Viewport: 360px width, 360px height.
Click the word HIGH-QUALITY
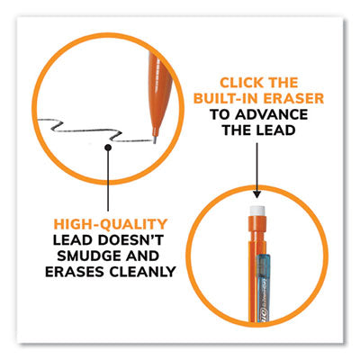coord(111,224)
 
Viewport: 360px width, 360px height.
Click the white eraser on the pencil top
coord(257,211)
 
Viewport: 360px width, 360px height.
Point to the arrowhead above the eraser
coord(256,193)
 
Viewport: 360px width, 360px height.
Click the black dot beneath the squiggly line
coord(108,148)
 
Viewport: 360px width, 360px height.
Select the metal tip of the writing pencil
coord(155,140)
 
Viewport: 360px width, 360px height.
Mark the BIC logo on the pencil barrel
coord(266,316)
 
